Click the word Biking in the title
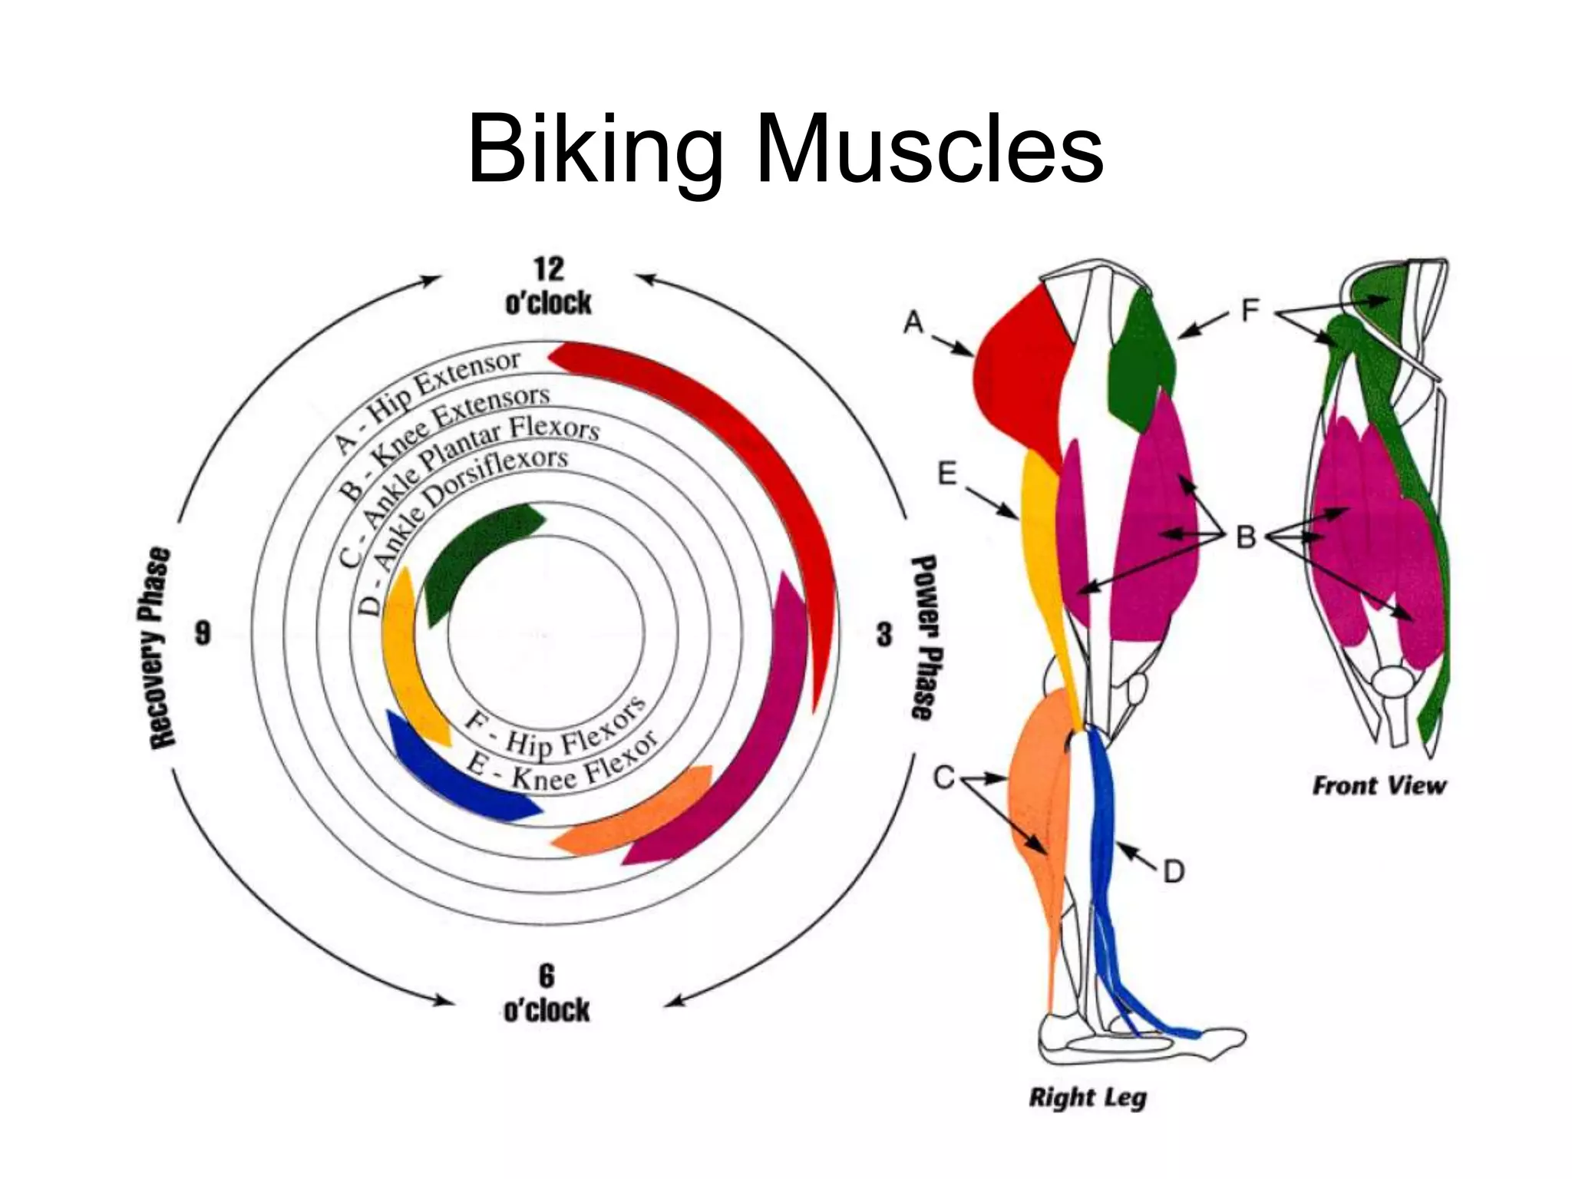point(595,150)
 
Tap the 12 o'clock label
point(548,286)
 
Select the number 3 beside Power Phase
point(884,634)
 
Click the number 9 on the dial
point(203,633)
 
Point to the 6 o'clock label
point(547,994)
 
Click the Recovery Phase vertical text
point(160,647)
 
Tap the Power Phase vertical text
point(925,637)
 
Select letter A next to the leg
point(913,322)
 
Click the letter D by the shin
point(1174,871)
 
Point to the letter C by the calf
point(943,778)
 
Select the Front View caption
point(1379,785)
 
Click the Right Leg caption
point(1087,1097)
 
